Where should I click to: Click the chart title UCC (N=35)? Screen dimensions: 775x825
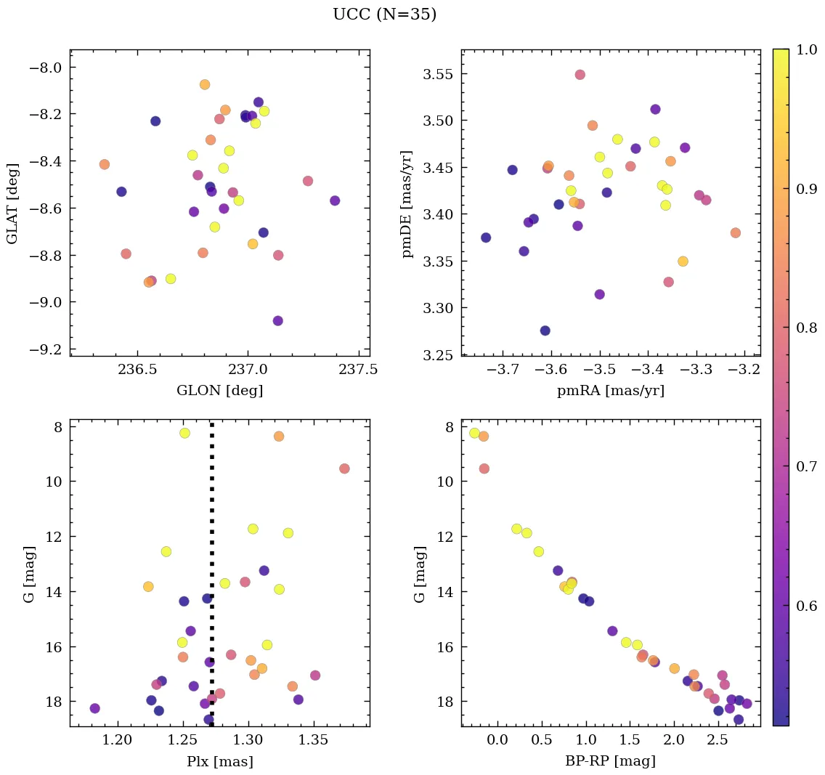[384, 15]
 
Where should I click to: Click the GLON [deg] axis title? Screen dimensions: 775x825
[219, 391]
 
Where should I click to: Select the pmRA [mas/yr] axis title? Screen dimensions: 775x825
[610, 391]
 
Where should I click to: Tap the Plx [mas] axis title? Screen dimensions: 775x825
[219, 762]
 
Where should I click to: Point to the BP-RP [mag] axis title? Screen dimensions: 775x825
[610, 762]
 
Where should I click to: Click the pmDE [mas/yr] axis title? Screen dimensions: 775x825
[407, 203]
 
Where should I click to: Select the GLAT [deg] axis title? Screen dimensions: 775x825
[12, 203]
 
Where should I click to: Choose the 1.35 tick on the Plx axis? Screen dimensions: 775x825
[314, 741]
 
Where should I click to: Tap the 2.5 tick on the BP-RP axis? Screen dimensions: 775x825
[718, 741]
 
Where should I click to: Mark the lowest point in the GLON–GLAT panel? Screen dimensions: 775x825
[277, 320]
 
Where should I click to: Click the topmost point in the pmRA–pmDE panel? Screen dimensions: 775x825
[580, 75]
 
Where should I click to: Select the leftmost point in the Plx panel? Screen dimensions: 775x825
[94, 708]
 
